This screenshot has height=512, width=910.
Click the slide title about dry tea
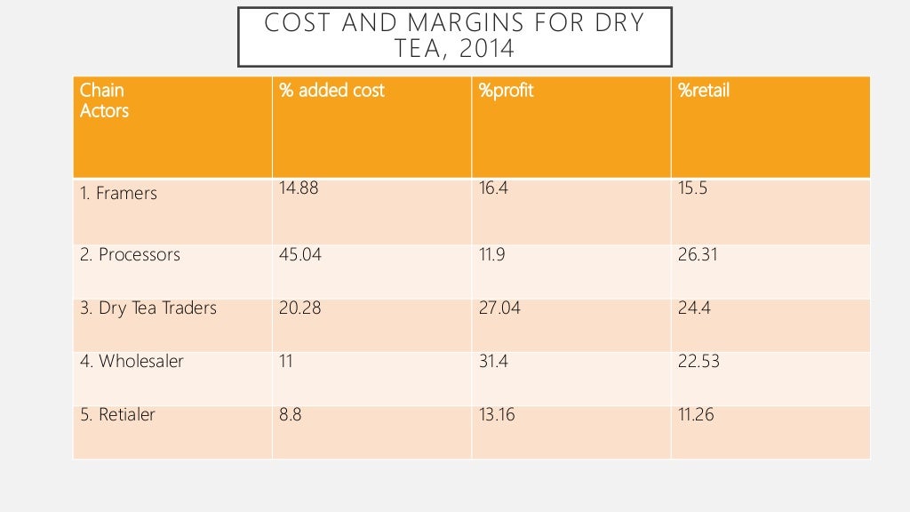pos(454,36)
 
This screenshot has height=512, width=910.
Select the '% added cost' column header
pos(331,91)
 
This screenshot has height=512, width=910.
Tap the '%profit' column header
pos(506,91)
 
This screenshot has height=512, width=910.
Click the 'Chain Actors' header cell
pos(104,100)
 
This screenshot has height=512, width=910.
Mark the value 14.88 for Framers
pos(299,188)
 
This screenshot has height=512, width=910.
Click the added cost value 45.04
pos(300,255)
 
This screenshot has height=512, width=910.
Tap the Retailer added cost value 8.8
pos(291,414)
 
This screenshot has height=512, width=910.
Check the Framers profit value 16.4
pos(493,188)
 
